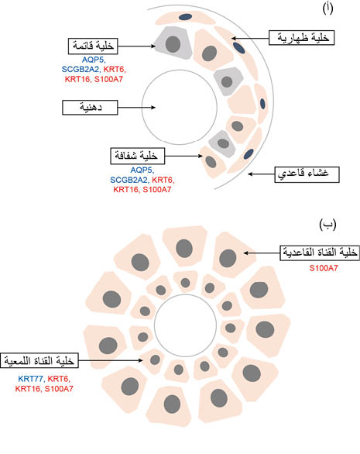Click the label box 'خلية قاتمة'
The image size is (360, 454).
tap(93, 46)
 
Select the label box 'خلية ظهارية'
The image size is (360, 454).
tap(301, 38)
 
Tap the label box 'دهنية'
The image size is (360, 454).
tap(90, 108)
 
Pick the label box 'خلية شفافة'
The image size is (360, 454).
tap(138, 156)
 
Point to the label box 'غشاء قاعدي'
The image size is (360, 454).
tap(307, 174)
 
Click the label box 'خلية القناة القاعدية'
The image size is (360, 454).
tap(320, 253)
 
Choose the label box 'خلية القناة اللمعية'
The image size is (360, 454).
tap(39, 360)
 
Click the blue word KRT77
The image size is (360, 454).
tap(30, 379)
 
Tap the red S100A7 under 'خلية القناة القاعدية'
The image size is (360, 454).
tap(324, 268)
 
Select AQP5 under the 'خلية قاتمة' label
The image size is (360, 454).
tap(93, 60)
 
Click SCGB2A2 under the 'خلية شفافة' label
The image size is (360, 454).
tap(129, 180)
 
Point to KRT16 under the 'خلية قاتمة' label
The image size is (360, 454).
tap(77, 79)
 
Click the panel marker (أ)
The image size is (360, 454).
tap(327, 9)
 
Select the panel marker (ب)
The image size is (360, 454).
tap(327, 225)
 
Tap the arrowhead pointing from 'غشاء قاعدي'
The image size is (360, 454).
tap(250, 174)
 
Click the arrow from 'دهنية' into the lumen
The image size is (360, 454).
tap(136, 108)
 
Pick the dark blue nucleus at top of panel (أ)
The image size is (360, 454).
tap(185, 17)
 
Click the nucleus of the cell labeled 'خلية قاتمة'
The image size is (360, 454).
tap(173, 43)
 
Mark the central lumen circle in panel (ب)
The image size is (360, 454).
tap(185, 325)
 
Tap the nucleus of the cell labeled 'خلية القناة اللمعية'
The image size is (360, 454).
tap(155, 360)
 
